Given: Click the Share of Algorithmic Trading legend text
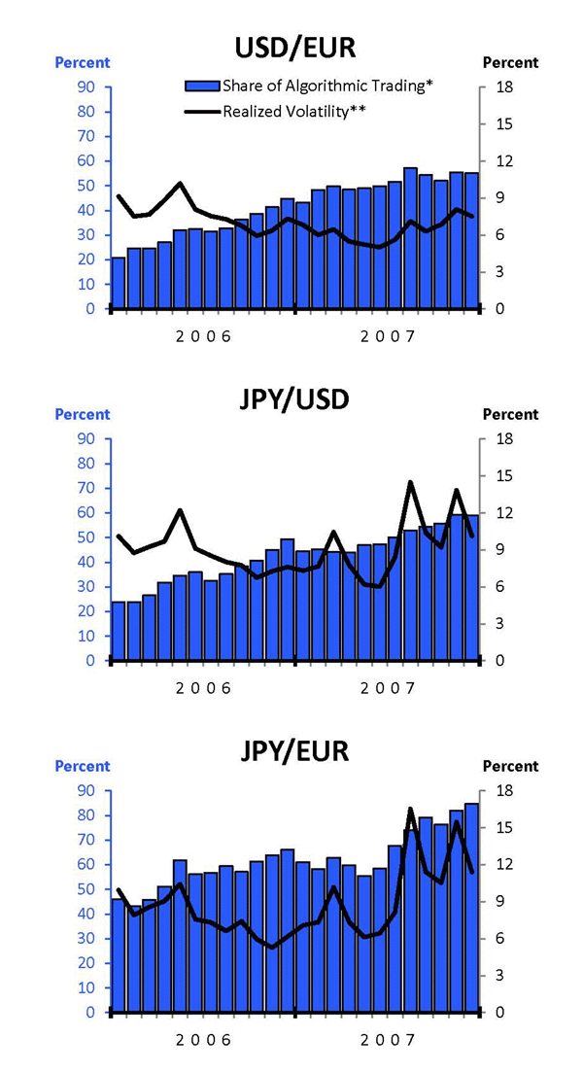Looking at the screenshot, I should click(x=327, y=87).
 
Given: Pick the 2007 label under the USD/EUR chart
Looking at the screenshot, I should click(x=388, y=336).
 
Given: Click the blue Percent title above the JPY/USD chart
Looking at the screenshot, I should click(x=82, y=414).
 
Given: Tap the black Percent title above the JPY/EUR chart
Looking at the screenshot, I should click(x=510, y=766).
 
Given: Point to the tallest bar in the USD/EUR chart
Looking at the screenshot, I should click(x=410, y=238).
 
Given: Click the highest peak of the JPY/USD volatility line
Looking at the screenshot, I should click(x=410, y=482).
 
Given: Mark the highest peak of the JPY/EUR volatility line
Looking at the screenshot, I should click(x=410, y=809).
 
